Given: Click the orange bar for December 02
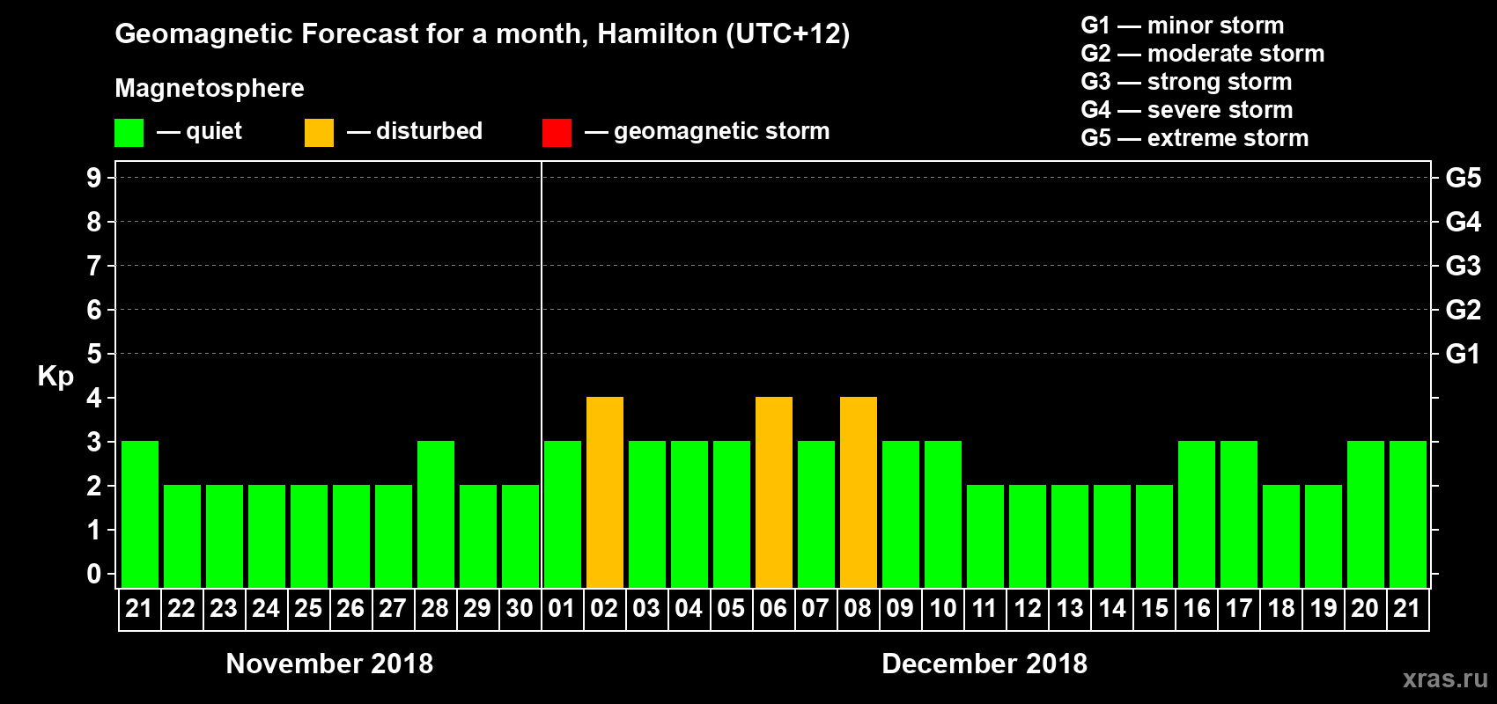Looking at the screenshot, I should (x=605, y=492).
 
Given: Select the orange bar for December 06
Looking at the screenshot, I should (x=774, y=492).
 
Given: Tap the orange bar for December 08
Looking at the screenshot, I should (x=859, y=492).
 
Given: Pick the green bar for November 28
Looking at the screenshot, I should (x=436, y=514).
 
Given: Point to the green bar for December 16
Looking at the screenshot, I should (x=1197, y=514).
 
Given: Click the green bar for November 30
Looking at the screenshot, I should (x=520, y=536).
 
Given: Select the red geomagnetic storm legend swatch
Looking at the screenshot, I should (x=557, y=133).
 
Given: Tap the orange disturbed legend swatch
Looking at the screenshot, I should (x=319, y=133).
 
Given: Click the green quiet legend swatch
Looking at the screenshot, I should (x=129, y=133).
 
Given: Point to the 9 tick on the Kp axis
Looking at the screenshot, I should (x=94, y=178).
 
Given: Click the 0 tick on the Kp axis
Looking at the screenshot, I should (x=94, y=574).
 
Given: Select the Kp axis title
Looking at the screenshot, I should (x=55, y=376).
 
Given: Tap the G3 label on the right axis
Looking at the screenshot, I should (x=1463, y=266).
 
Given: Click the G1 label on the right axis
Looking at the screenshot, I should (x=1463, y=354).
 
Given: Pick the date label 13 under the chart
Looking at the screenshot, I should (x=1070, y=608).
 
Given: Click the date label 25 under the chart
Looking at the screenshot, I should (x=308, y=608).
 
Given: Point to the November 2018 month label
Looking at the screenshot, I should (x=329, y=664).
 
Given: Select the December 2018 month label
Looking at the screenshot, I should (x=984, y=664).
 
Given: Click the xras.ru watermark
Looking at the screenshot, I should (x=1445, y=678).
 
